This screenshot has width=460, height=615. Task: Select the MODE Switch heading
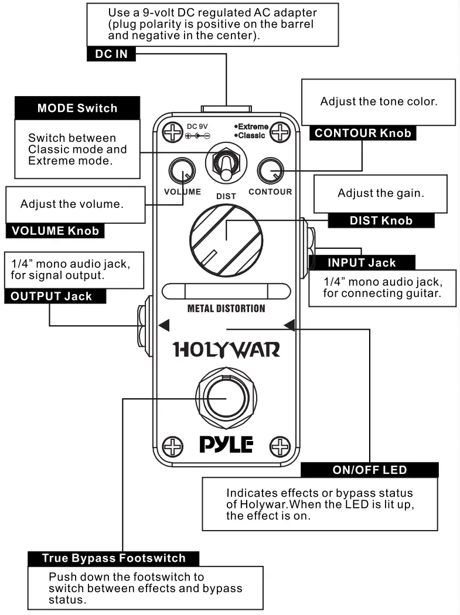coord(77,108)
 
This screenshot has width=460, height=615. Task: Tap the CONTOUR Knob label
coord(363,133)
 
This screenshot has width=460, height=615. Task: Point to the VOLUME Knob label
coord(54,231)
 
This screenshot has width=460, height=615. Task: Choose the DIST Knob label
coord(380,221)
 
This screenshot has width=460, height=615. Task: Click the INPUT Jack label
coord(362,263)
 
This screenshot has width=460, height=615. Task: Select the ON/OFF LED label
coord(369,470)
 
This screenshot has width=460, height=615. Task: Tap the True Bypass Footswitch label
coord(114,558)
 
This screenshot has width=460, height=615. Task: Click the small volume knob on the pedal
coord(182,172)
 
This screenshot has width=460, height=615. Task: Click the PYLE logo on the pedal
coord(226,446)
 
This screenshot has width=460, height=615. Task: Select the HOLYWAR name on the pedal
coord(226,350)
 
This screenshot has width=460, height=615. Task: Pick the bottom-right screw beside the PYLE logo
coord(281,447)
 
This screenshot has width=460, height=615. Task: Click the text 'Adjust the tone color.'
coord(379,101)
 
